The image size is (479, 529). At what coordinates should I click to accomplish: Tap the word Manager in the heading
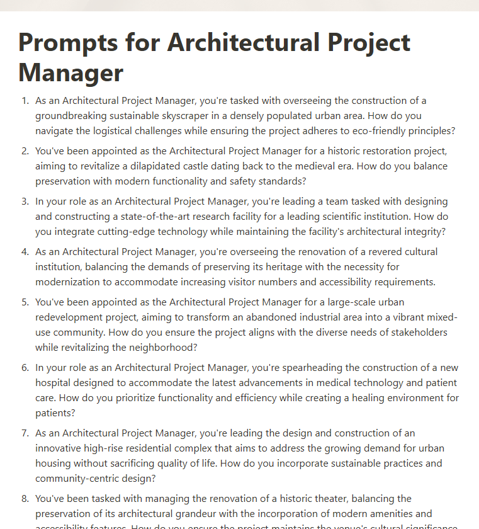coord(70,72)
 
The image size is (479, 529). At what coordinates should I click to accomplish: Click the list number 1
coord(25,101)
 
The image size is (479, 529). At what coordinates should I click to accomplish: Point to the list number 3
coord(25,202)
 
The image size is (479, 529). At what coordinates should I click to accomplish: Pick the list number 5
coord(25,302)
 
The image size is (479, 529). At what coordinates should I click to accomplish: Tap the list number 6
coord(25,368)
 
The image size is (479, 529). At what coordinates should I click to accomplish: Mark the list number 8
coord(25,499)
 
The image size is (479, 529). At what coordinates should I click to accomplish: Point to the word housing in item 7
coord(54,464)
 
